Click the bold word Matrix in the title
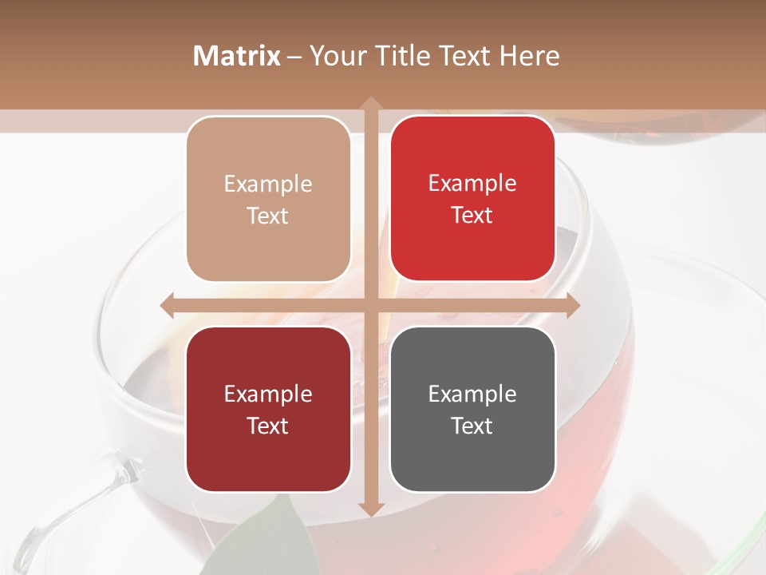click(x=237, y=56)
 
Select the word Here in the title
click(x=529, y=56)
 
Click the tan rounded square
click(x=268, y=199)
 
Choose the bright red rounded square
click(x=472, y=199)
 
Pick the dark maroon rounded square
click(x=268, y=409)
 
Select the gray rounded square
click(x=472, y=409)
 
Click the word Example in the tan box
click(x=268, y=184)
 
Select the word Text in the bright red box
click(x=472, y=216)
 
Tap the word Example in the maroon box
click(x=268, y=395)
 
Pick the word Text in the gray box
click(x=472, y=426)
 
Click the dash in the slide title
click(x=294, y=57)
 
